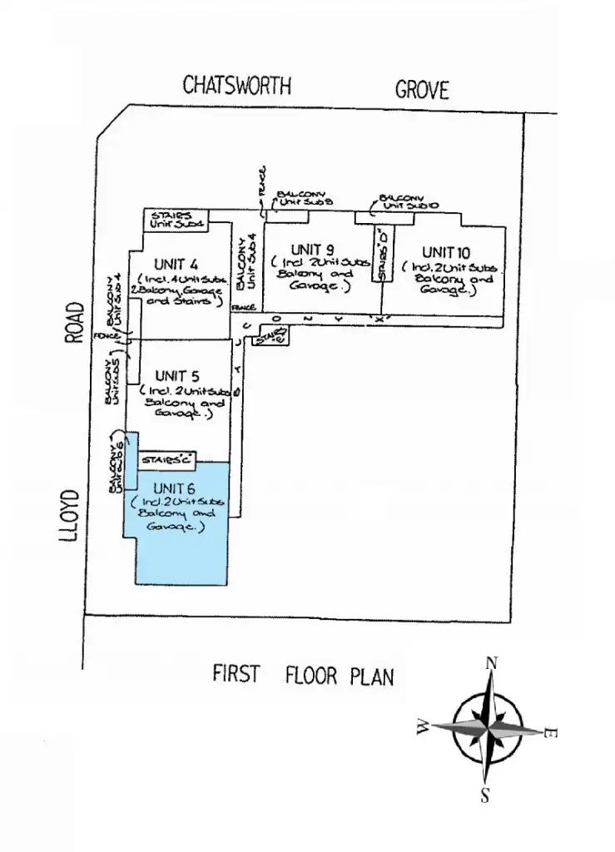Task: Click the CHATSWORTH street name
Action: tap(237, 86)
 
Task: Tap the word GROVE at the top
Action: tap(422, 89)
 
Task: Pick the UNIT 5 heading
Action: tap(176, 376)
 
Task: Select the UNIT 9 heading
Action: tap(313, 250)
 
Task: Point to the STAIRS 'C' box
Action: tap(168, 459)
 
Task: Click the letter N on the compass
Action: tap(492, 663)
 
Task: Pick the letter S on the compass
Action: tap(485, 795)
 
